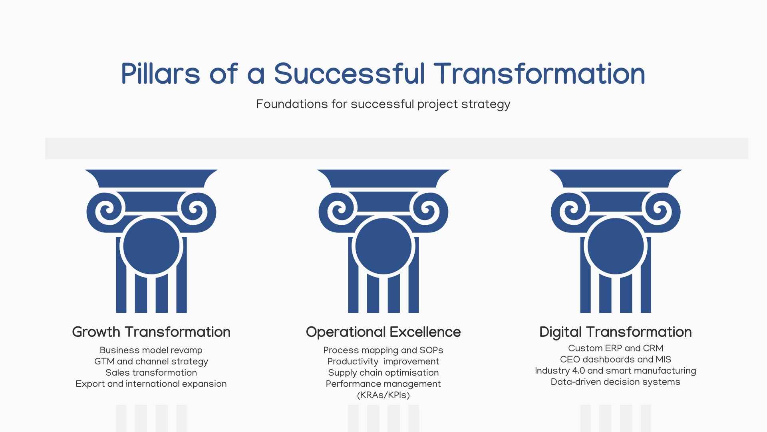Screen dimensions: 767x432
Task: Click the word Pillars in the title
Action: [x=161, y=74]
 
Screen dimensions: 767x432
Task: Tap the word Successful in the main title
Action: [x=349, y=74]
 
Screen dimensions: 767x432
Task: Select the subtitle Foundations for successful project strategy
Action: [x=383, y=104]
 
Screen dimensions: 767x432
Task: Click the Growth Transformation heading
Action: [x=151, y=332]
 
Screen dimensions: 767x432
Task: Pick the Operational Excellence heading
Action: [x=383, y=332]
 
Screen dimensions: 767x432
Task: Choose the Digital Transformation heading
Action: [x=616, y=332]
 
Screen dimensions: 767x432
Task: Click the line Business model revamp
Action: [x=151, y=350]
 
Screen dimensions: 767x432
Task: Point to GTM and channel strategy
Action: [x=151, y=362]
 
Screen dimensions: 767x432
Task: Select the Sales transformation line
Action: [x=151, y=373]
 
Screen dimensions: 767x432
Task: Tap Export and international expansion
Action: [x=151, y=384]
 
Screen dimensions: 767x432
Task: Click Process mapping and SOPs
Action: [x=383, y=350]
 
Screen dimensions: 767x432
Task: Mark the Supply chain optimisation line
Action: [x=383, y=373]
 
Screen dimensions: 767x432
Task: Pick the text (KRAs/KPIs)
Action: [x=383, y=395]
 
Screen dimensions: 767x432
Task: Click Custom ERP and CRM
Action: [x=616, y=348]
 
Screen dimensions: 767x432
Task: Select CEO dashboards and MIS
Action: [x=616, y=360]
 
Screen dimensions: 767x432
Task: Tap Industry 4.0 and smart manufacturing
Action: [x=616, y=371]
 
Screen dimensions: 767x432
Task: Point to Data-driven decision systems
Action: [x=616, y=382]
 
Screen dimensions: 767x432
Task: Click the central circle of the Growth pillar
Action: [x=151, y=246]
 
